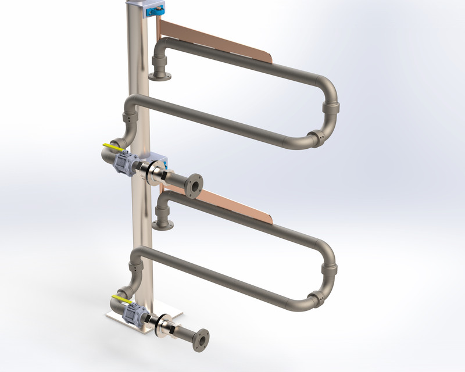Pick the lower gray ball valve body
133,313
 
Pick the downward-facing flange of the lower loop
163,225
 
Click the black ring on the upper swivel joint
154,173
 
